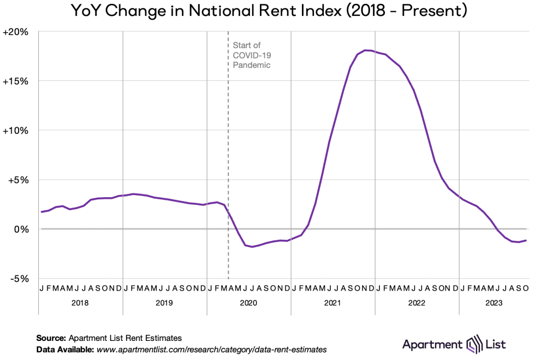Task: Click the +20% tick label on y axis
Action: click(x=16, y=32)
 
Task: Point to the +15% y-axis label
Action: click(x=16, y=81)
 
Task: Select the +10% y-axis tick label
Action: click(x=16, y=131)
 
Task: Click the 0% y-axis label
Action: click(x=21, y=229)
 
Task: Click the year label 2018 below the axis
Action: click(x=80, y=303)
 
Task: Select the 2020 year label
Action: click(x=248, y=303)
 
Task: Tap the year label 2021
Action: click(x=332, y=303)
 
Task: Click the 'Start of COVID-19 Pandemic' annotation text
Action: click(x=252, y=55)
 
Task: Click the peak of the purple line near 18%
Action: click(x=366, y=50)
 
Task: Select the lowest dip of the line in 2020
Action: click(x=252, y=247)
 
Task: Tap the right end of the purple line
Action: click(x=526, y=240)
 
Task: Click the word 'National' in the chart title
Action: click(x=223, y=11)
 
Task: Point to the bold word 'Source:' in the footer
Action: click(x=51, y=338)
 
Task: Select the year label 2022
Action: click(x=417, y=303)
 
